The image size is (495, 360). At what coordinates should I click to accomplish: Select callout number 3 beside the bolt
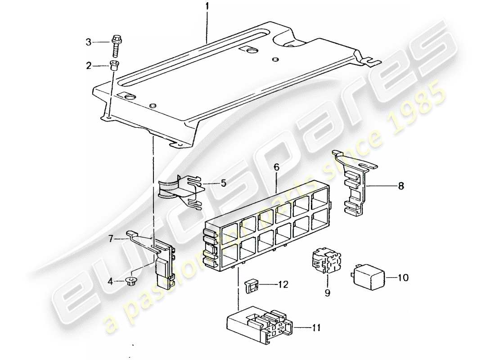pos(89,42)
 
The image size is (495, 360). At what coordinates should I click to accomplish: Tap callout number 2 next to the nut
pos(89,66)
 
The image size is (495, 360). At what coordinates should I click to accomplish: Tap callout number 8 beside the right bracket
pos(401,185)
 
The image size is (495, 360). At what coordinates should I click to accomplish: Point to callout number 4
pos(110,283)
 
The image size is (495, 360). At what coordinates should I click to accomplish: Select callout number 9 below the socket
pos(328,293)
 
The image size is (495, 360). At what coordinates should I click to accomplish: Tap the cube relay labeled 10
pos(368,275)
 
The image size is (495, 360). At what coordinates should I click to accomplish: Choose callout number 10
pos(403,278)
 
